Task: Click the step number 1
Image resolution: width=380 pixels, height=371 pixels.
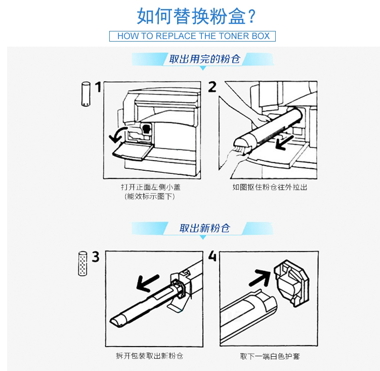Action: [x=98, y=87]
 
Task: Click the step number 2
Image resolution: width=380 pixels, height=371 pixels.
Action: [x=213, y=87]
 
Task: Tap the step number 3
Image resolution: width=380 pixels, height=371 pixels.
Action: [x=96, y=256]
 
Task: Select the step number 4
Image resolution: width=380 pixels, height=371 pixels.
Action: [x=213, y=256]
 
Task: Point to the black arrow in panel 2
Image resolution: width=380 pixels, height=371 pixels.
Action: [x=284, y=142]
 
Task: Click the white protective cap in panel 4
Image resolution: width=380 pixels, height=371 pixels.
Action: [x=292, y=283]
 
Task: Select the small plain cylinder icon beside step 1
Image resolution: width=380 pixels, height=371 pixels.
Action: [x=86, y=94]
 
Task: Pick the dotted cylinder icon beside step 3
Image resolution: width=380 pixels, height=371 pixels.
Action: [x=82, y=264]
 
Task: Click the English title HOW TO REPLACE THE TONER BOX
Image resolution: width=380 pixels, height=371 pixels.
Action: [x=193, y=36]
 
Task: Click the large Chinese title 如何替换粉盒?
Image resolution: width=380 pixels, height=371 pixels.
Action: [x=196, y=16]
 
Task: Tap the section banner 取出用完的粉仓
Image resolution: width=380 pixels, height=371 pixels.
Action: [x=204, y=59]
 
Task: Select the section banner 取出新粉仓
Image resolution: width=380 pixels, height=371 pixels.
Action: [x=204, y=228]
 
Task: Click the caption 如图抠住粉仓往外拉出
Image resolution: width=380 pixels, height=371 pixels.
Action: [x=270, y=187]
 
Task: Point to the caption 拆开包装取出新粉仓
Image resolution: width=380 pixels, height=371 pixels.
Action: [x=150, y=356]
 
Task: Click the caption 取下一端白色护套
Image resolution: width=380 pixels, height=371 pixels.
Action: [x=270, y=356]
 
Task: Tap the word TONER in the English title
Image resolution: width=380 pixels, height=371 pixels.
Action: [x=230, y=36]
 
